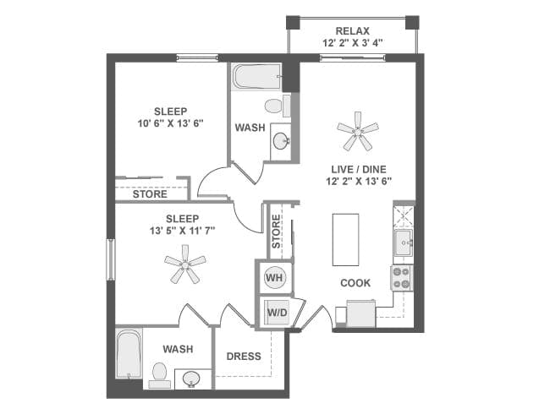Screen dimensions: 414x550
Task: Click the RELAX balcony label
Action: click(352, 31)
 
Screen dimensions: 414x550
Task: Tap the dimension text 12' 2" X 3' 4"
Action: click(352, 43)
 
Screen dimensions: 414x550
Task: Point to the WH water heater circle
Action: click(274, 277)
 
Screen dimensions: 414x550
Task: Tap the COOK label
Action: click(355, 283)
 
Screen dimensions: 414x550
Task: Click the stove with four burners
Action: click(400, 278)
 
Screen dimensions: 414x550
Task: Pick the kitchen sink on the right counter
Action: click(403, 242)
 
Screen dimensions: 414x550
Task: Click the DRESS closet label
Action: click(244, 356)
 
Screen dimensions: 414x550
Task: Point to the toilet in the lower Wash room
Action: click(159, 373)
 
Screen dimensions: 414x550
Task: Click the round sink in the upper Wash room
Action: click(282, 142)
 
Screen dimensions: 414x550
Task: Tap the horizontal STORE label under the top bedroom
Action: click(150, 193)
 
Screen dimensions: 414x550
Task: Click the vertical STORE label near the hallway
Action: click(276, 232)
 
